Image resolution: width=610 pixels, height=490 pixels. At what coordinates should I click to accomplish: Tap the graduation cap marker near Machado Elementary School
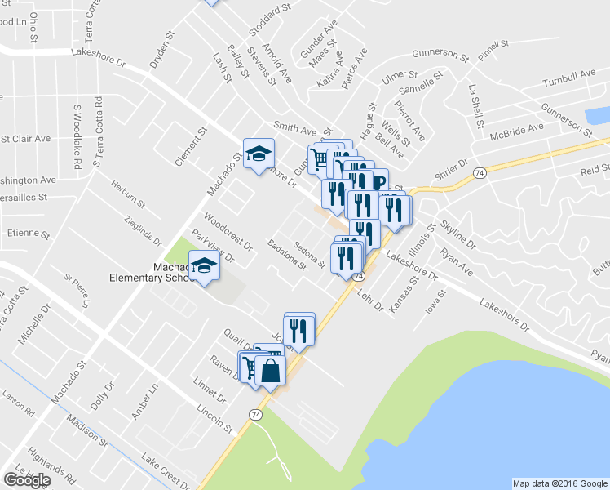point(204,265)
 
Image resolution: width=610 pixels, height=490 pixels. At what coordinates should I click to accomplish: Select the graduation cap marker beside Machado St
point(259,154)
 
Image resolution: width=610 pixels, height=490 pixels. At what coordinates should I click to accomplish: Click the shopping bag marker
point(271,372)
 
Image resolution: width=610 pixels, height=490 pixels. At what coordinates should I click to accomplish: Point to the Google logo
point(27,480)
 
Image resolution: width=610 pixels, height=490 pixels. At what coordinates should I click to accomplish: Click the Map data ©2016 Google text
point(560,483)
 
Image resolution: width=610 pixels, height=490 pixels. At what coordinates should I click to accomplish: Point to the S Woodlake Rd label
point(77,136)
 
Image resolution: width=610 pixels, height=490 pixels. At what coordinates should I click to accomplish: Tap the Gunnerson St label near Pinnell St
point(440,58)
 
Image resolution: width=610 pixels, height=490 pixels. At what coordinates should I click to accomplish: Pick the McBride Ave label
point(523,129)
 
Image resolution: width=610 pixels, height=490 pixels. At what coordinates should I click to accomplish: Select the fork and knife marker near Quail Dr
point(299,329)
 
